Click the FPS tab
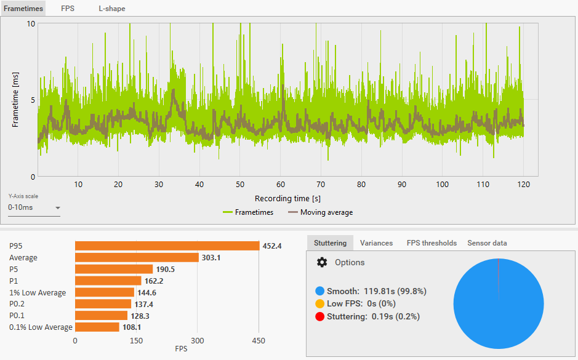click(x=68, y=9)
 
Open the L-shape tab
click(x=111, y=9)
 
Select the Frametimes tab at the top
click(x=23, y=9)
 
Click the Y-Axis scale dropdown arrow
click(x=57, y=208)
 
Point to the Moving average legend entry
click(x=320, y=212)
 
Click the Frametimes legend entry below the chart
click(x=248, y=212)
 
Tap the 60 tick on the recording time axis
click(x=281, y=184)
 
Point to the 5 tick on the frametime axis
click(x=33, y=100)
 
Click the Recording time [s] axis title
click(x=287, y=199)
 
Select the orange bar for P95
click(x=167, y=246)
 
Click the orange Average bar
click(x=137, y=258)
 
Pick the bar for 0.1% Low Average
click(x=97, y=327)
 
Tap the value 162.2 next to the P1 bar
click(x=154, y=281)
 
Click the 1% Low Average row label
click(x=38, y=293)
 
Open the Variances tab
click(x=376, y=243)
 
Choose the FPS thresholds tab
click(x=431, y=243)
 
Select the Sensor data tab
click(x=487, y=243)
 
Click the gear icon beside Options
click(x=322, y=262)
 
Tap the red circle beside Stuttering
click(x=320, y=316)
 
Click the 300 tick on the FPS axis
click(x=197, y=341)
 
